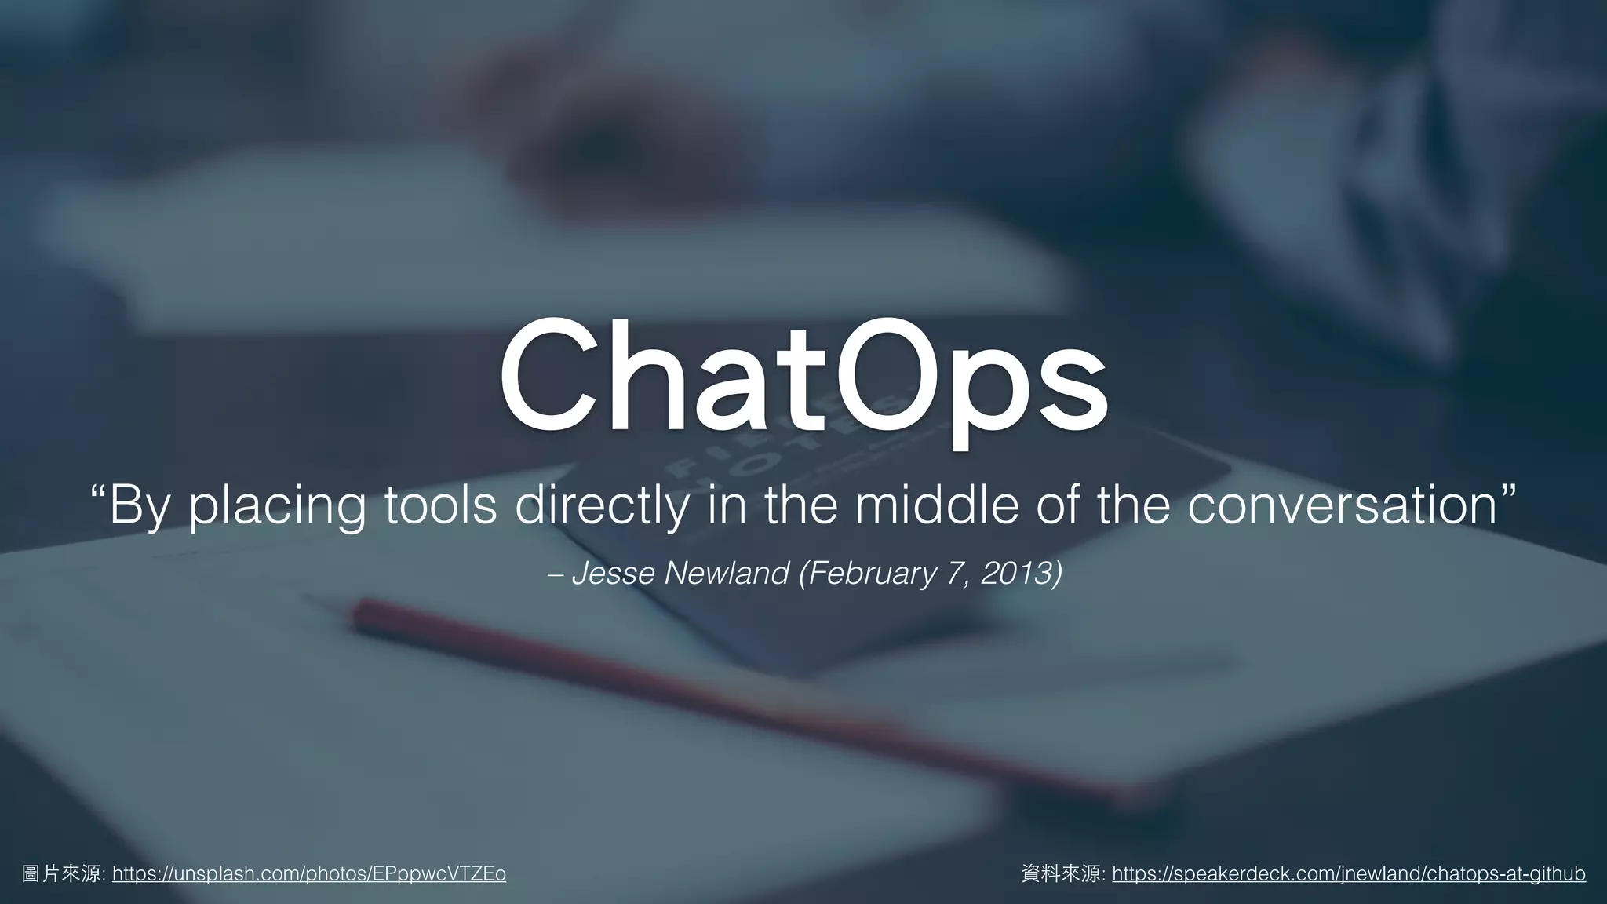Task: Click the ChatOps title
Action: (803, 381)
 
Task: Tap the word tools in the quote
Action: (440, 506)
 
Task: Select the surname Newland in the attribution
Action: (726, 574)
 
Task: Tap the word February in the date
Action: (871, 574)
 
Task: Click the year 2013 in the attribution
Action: (1017, 574)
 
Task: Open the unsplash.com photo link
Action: (309, 873)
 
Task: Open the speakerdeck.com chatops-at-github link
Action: (1349, 873)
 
